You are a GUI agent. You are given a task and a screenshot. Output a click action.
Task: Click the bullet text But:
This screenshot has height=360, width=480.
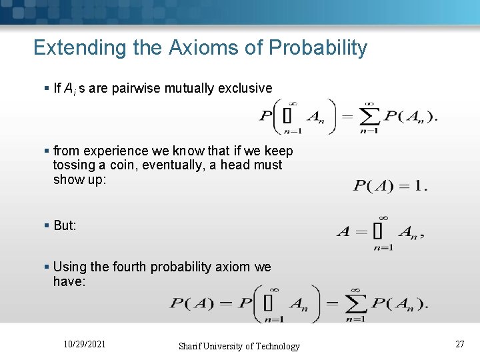65,225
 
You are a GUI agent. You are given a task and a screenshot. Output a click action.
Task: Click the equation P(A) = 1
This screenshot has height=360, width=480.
390,185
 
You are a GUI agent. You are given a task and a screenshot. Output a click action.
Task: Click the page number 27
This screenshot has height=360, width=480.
459,344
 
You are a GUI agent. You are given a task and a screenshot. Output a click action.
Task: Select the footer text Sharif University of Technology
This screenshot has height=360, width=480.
239,346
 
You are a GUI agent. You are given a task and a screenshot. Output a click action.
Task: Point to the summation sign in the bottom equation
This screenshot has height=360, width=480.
355,304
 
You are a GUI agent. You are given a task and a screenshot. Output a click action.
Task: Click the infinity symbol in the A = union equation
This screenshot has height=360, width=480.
383,217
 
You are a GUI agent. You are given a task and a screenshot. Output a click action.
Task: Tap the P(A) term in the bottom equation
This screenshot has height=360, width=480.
192,304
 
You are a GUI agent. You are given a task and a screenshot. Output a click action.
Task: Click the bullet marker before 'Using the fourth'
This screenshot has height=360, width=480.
46,267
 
